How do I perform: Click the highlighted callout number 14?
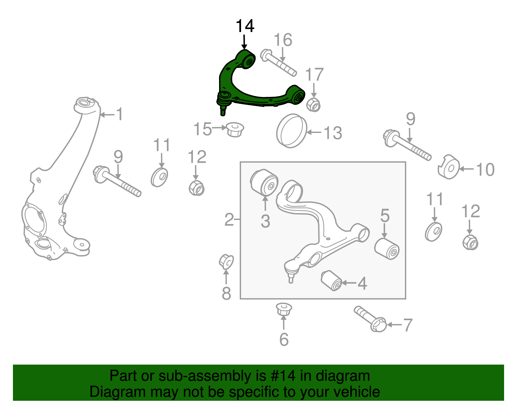point(245,26)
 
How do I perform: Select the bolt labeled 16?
point(278,63)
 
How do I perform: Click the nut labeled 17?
point(313,104)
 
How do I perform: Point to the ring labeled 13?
point(291,131)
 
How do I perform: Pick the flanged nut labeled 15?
point(235,129)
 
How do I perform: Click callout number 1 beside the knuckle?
point(120,115)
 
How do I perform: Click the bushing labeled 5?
point(387,248)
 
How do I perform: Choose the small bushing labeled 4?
point(332,280)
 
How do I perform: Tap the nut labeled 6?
point(284,309)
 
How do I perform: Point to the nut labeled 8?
point(226,262)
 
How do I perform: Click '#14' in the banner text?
point(281,376)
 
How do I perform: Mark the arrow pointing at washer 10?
point(466,169)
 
